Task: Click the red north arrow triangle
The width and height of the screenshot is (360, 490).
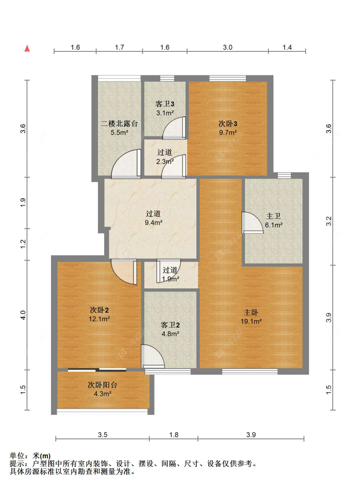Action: (x=27, y=48)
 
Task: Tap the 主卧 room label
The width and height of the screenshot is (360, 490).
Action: (x=251, y=312)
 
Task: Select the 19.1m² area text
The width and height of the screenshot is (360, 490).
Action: (x=251, y=321)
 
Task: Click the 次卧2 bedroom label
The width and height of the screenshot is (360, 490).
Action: (x=99, y=310)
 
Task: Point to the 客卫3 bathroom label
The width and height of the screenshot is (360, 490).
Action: (x=165, y=104)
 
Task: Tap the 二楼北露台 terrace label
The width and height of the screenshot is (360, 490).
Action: (x=119, y=124)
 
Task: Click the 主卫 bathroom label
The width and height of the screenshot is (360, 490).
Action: (x=273, y=216)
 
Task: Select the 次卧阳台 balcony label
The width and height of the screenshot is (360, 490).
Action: (x=103, y=385)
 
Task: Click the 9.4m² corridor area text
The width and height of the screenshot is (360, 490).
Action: (x=154, y=222)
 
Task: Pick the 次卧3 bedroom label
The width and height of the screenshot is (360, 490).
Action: (x=228, y=124)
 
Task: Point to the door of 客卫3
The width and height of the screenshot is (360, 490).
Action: (x=174, y=128)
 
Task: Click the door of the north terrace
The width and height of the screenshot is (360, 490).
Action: (x=126, y=164)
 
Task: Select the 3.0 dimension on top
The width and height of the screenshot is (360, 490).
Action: (x=228, y=47)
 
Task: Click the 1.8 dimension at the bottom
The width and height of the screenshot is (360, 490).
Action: (x=174, y=435)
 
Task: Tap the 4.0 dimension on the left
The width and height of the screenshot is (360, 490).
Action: (x=23, y=315)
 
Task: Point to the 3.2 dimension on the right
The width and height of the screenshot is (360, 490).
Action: (x=329, y=221)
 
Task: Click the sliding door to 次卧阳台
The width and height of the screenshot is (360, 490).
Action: (x=97, y=370)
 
